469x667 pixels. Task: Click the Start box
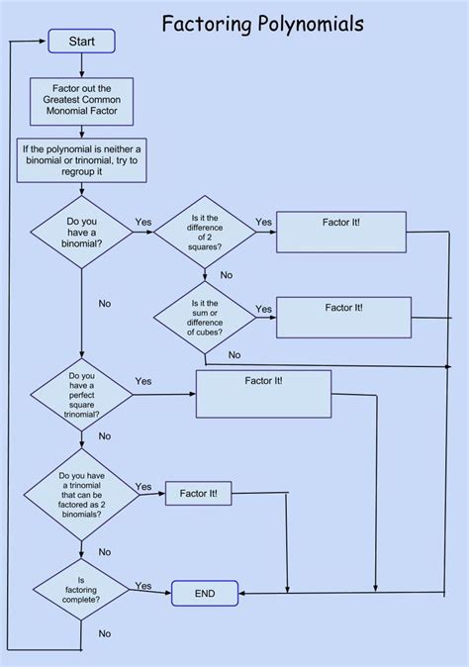point(81,41)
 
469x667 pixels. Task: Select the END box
point(206,594)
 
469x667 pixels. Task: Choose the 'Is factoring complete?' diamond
point(81,593)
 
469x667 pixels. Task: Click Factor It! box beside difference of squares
point(340,233)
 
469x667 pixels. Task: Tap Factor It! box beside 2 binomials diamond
point(199,493)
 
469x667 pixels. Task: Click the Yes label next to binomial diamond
point(143,222)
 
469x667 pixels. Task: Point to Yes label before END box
point(143,586)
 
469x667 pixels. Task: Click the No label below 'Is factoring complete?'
point(104,633)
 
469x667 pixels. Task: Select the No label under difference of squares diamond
point(227,274)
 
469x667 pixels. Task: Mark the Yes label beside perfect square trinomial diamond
point(143,381)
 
